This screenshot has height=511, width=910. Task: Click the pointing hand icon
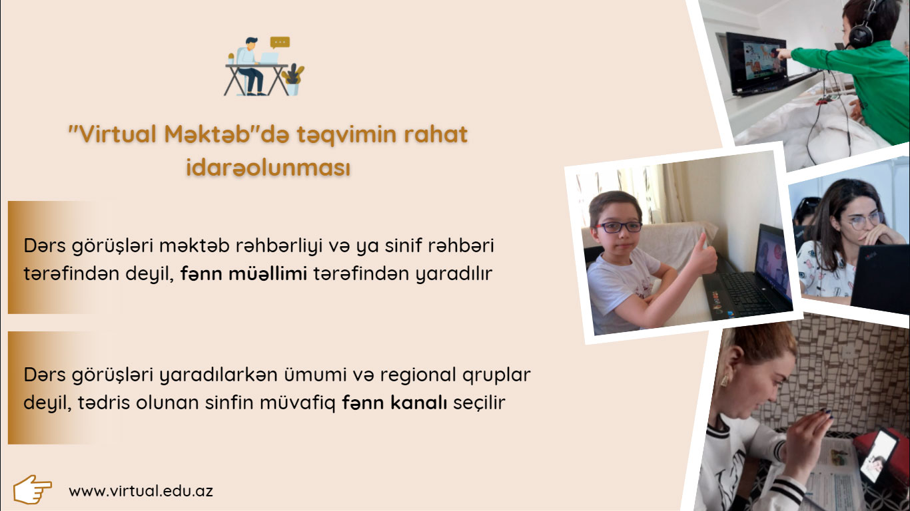pos(32,489)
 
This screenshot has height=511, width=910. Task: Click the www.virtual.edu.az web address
pos(141,491)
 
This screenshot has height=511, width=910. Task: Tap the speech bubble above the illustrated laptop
pos(280,42)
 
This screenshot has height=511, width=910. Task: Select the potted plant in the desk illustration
pos(293,80)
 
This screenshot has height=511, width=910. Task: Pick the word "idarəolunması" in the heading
pos(268,168)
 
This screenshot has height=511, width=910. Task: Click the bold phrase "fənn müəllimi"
pos(244,273)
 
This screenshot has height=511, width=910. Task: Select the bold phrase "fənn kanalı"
pos(394,403)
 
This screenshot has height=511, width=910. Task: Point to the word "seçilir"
pos(480,403)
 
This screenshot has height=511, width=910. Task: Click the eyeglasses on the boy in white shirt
pos(619,227)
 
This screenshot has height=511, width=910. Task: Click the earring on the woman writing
pos(724,380)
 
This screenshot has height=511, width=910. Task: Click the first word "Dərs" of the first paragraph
pos(45,246)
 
